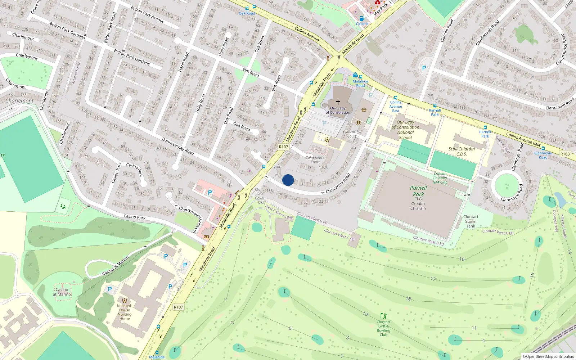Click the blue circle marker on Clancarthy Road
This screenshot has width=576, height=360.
(288, 180)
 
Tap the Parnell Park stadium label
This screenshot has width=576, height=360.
(418, 191)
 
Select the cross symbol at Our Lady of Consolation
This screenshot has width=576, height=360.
(338, 102)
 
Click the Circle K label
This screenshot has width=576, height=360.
(362, 24)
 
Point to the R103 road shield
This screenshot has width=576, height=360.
(565, 154)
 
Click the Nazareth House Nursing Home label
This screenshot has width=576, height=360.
(125, 312)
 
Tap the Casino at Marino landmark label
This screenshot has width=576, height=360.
(62, 292)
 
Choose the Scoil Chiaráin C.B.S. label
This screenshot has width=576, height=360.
(462, 151)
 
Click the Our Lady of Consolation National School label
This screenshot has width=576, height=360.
(405, 130)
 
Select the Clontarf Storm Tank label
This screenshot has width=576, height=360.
(471, 221)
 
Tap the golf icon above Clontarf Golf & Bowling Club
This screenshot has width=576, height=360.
(383, 316)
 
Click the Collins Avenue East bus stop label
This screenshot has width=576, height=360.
(396, 107)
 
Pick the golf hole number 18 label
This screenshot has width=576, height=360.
(408, 298)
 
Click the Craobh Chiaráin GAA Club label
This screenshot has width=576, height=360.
(440, 178)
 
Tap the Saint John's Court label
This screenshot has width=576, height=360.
(315, 159)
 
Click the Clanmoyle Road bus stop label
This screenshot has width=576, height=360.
(543, 155)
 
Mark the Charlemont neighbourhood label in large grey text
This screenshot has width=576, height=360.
(19, 101)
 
